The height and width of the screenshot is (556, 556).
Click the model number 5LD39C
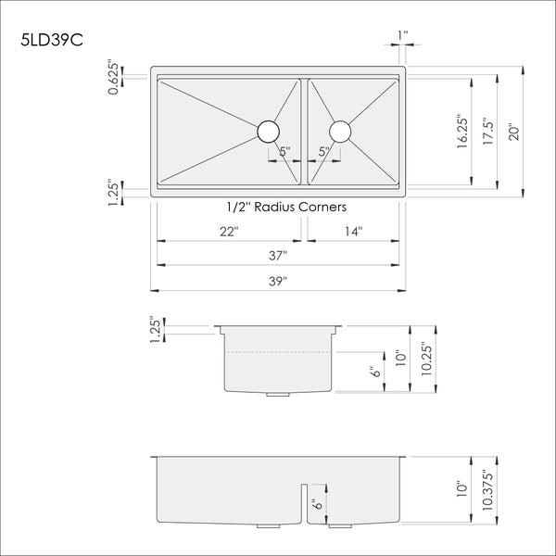54,42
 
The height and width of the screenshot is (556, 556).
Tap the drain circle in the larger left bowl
268,131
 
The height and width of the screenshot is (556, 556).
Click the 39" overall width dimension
278,280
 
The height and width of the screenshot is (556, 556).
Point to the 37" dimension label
278,255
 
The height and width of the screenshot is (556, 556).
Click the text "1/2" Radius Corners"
278,207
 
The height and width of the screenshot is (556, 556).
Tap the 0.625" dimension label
113,78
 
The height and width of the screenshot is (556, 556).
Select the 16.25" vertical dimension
461,132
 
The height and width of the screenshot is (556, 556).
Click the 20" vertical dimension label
513,132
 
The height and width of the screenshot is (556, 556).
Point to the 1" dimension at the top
401,37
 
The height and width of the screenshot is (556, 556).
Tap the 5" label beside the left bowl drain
284,151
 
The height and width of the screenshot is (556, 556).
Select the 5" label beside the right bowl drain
323,151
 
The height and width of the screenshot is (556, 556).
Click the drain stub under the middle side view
277,395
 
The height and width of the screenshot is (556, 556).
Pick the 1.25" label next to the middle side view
155,329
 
